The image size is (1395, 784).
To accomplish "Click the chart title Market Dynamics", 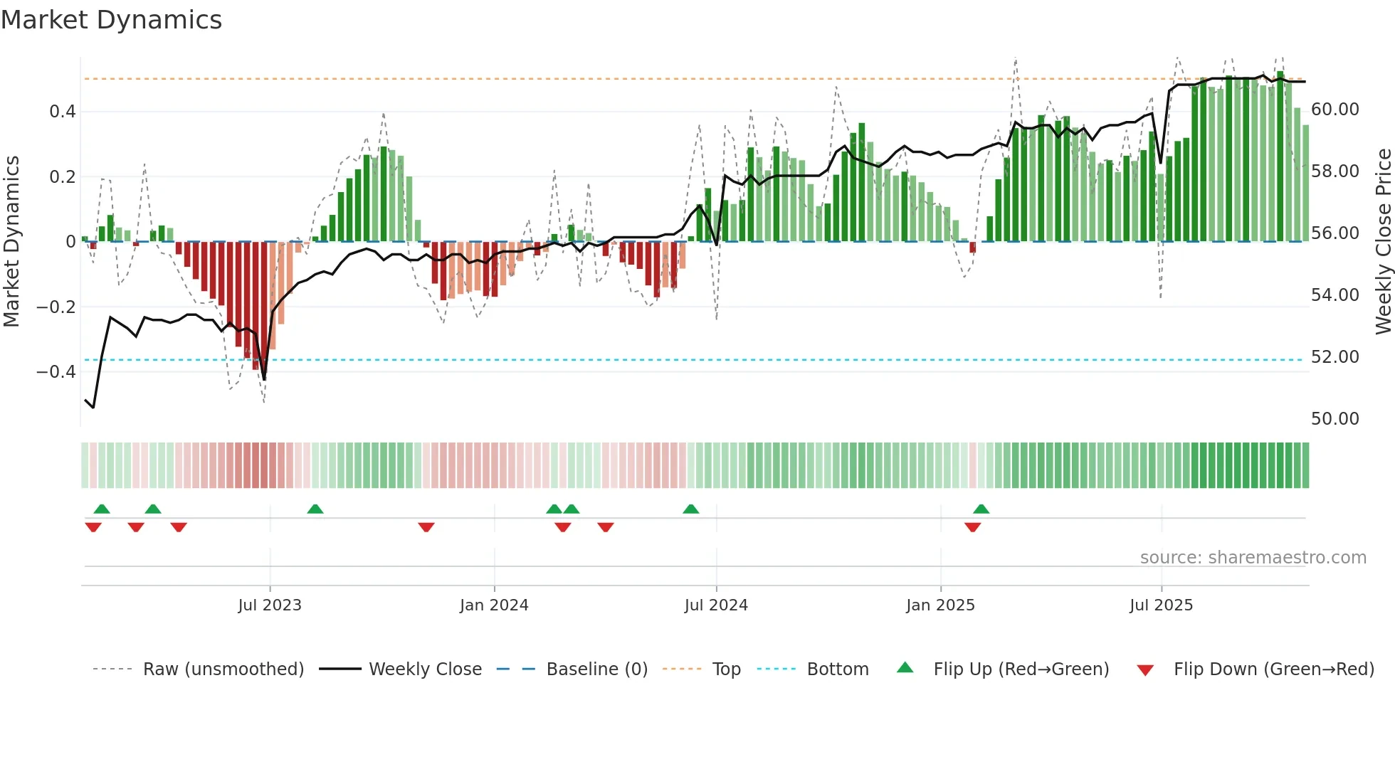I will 111,20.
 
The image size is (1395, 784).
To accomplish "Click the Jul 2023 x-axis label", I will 270,605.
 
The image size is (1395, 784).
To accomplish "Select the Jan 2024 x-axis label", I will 494,605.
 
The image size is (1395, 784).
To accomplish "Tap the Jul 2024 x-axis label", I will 716,605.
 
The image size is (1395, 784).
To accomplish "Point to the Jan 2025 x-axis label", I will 940,605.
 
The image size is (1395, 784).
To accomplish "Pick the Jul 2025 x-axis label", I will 1161,605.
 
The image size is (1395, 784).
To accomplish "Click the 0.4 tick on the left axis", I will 63,112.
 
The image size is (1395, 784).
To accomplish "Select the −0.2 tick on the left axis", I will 56,307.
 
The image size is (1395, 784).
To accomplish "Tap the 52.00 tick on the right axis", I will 1335,357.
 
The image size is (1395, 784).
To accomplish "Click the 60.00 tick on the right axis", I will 1335,110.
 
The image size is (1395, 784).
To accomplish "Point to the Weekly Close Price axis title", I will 1383,242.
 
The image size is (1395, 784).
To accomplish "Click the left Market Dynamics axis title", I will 11,242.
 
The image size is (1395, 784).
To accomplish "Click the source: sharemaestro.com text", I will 1253,558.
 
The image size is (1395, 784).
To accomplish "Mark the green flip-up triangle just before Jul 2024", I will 690,509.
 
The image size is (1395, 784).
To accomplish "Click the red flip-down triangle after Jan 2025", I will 972,527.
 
